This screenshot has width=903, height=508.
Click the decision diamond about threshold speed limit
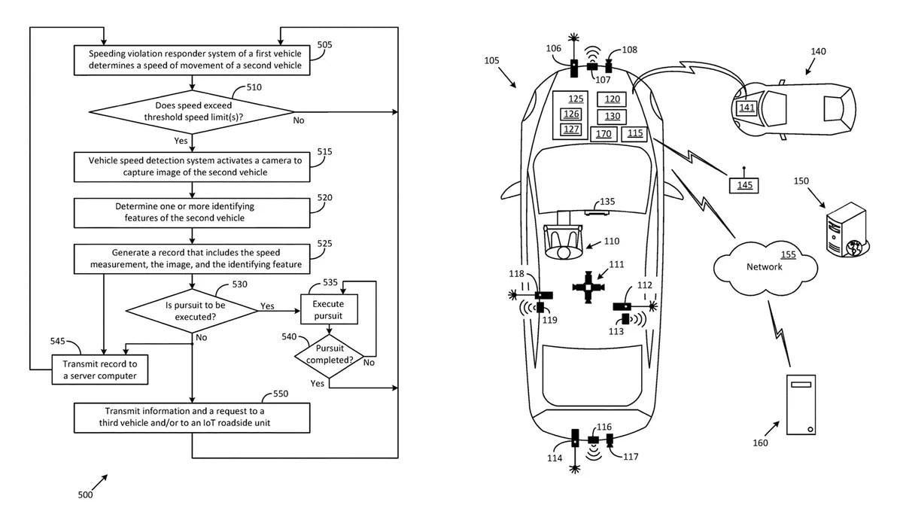pyautogui.click(x=192, y=112)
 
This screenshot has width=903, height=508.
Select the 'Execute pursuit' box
pyautogui.click(x=329, y=310)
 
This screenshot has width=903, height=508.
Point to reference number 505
pyautogui.click(x=325, y=44)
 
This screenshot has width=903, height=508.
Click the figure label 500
pyautogui.click(x=86, y=495)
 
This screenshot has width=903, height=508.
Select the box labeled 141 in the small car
pyautogui.click(x=746, y=108)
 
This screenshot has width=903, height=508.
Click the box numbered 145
pyautogui.click(x=744, y=184)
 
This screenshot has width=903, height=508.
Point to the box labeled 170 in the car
pyautogui.click(x=604, y=134)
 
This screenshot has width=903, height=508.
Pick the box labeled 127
pyautogui.click(x=571, y=129)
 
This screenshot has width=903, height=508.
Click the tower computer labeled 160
pyautogui.click(x=801, y=405)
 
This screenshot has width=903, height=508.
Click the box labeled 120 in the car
pyautogui.click(x=612, y=99)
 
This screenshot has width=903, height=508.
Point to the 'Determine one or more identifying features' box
pyautogui.click(x=192, y=212)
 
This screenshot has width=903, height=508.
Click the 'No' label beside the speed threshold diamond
pyautogui.click(x=299, y=120)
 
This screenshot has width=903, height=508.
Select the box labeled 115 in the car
pyautogui.click(x=635, y=133)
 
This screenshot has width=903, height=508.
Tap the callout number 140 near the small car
pyautogui.click(x=818, y=51)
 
